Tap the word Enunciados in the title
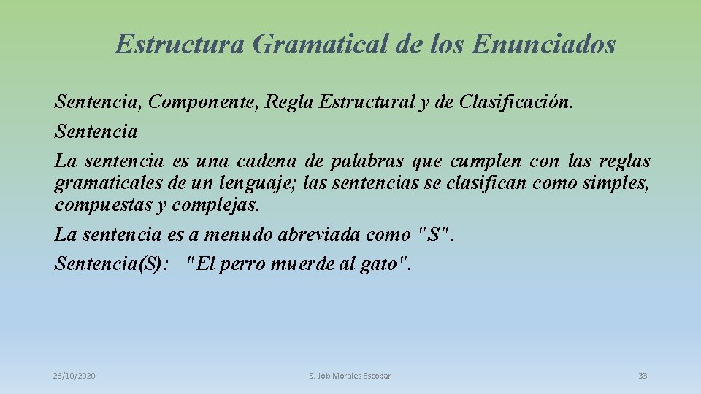pos(543,45)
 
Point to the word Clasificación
pos(515,102)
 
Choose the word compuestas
pos(103,205)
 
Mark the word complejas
pos(215,205)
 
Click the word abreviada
pos(323,235)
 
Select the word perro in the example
pos(242,264)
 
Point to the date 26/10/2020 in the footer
pos(74,376)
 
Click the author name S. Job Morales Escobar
pos(350,376)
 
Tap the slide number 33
pos(643,376)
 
